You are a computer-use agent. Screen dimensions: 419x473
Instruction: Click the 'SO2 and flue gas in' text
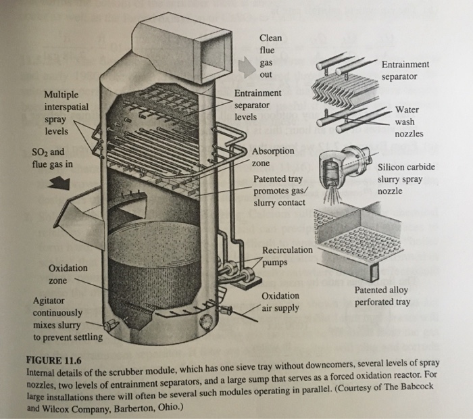click(x=52, y=158)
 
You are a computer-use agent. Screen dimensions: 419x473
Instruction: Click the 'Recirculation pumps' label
click(x=287, y=255)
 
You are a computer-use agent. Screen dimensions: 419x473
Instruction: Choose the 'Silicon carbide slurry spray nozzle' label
click(x=405, y=178)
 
